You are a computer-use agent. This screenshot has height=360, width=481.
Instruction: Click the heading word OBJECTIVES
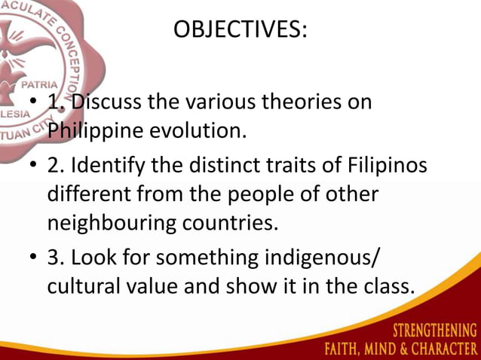click(x=240, y=30)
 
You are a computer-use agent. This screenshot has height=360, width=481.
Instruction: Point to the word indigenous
click(x=324, y=258)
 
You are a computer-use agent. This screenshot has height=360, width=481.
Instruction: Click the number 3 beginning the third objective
click(x=54, y=258)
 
